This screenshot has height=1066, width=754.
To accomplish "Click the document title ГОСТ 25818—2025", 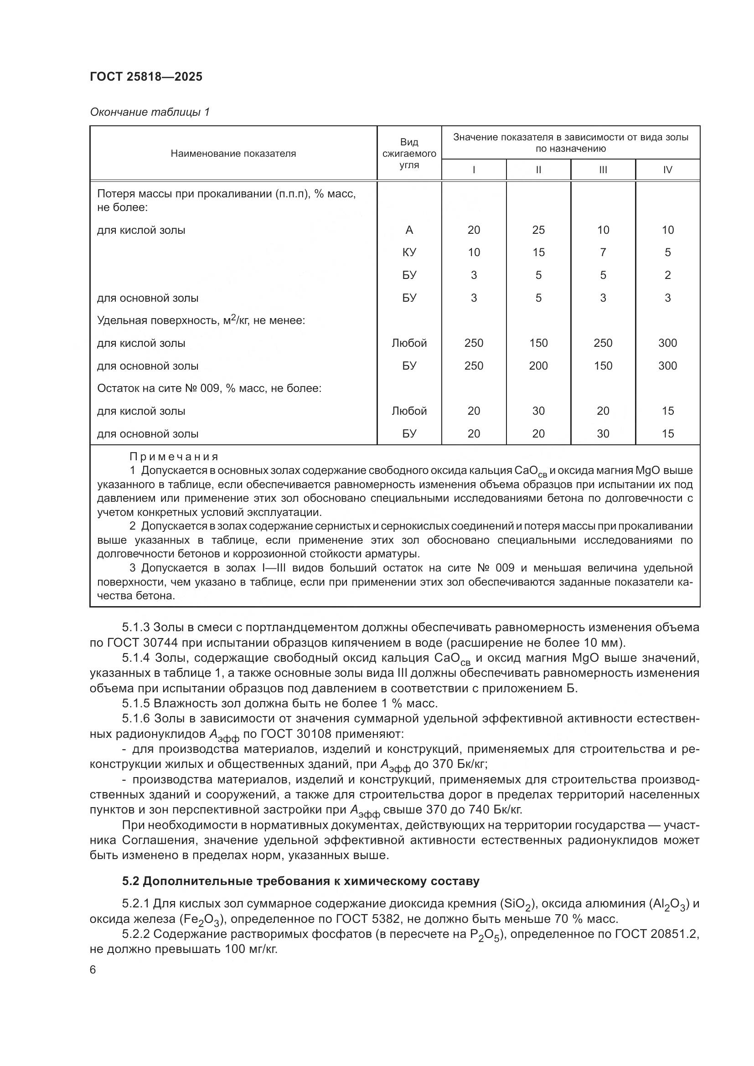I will pos(146,77).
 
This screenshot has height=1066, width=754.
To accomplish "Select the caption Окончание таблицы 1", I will pos(150,112).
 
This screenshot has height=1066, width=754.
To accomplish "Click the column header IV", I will pos(667,170).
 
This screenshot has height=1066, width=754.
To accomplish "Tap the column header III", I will pos(603,170).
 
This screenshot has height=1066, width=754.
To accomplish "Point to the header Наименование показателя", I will pos(233,154).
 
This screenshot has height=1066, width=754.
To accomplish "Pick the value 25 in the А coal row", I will pos(538,230).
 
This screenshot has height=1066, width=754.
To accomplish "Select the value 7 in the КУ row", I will pos(603,252).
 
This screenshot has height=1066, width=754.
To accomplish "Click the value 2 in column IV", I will pos(667,275).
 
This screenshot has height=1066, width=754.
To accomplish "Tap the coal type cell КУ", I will pos(409,252).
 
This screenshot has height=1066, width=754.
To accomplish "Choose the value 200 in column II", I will pos(538,366).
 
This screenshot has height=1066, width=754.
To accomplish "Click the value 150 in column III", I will pos(603,366).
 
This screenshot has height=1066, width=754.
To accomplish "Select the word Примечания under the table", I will pos(174,457).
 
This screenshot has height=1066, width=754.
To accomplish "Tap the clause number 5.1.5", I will pos(136,703).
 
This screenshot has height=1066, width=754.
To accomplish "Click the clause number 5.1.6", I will pos(136,719).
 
